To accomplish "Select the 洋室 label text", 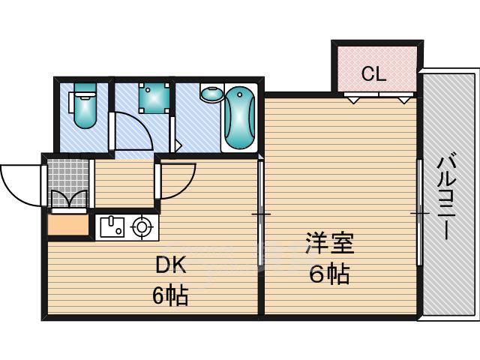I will point(328,244).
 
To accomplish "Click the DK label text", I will point(170,265).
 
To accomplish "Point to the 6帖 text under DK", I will point(170,295).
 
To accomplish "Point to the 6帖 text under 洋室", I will point(328,274).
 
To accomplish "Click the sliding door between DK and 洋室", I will point(261,214).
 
